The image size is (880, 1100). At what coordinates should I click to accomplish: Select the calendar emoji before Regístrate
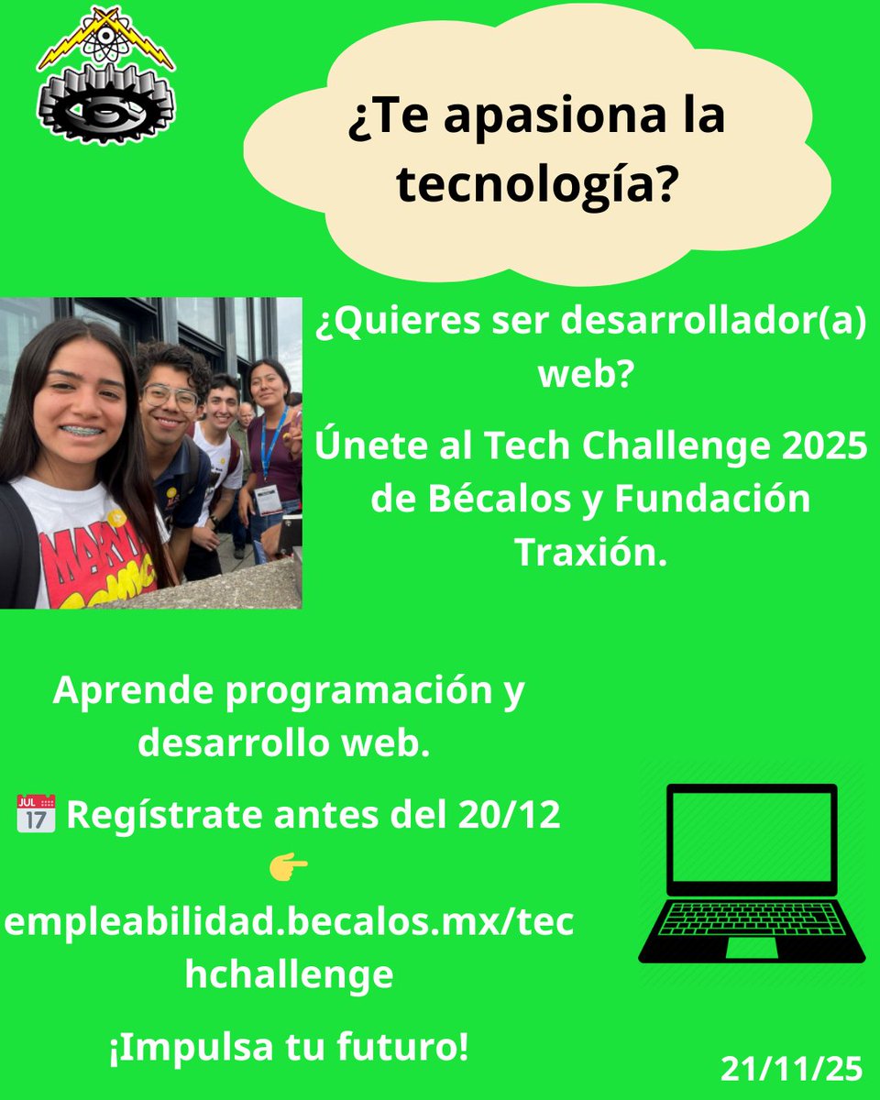click(x=36, y=814)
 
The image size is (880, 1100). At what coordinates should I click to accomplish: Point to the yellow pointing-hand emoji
click(x=288, y=865)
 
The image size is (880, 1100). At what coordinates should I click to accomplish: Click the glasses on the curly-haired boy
click(x=170, y=396)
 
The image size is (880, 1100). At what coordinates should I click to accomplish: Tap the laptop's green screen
click(x=752, y=837)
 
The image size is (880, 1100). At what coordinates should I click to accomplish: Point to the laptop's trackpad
click(x=751, y=946)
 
